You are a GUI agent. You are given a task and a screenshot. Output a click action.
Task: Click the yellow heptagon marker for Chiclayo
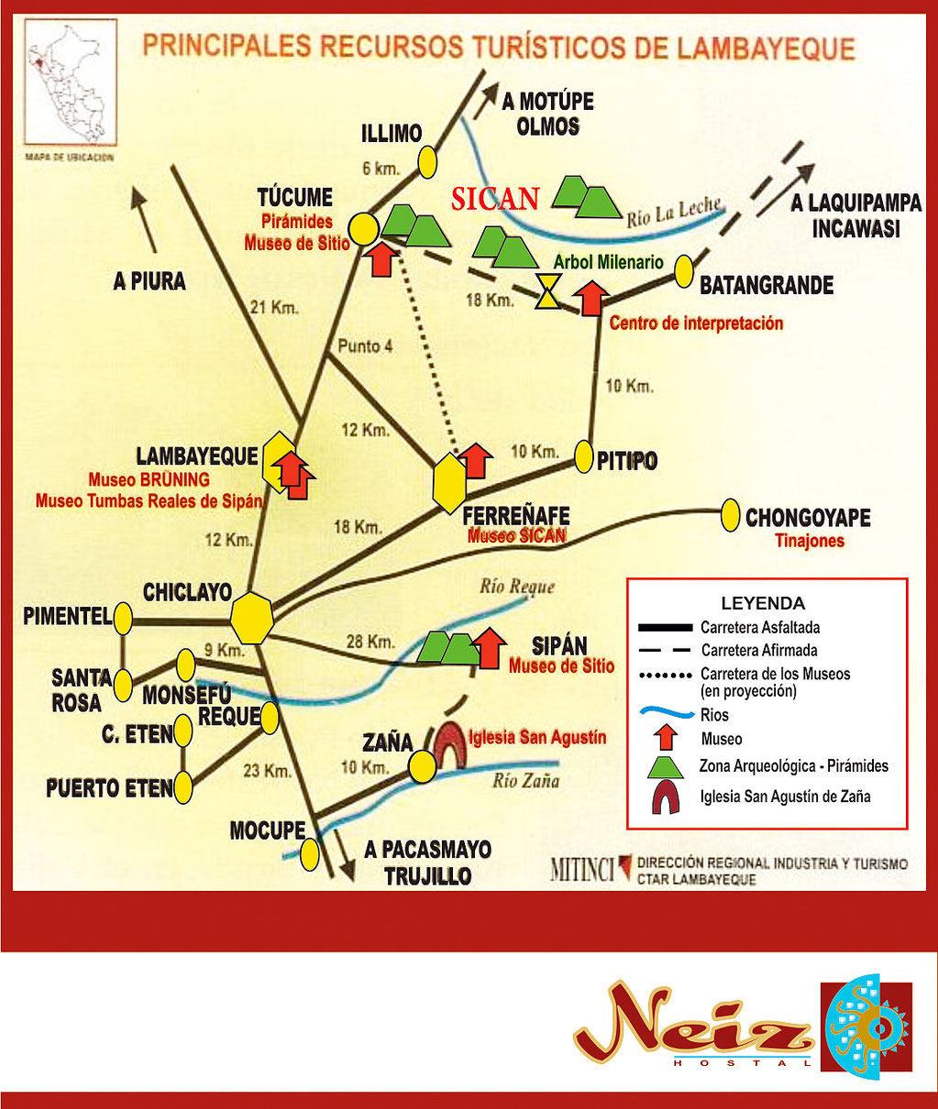pyautogui.click(x=252, y=618)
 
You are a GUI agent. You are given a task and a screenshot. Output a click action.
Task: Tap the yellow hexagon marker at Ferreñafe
pyautogui.click(x=450, y=483)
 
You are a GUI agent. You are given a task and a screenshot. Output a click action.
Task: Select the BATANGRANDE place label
pyautogui.click(x=766, y=286)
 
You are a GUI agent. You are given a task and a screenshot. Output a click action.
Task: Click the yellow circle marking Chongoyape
pyautogui.click(x=730, y=515)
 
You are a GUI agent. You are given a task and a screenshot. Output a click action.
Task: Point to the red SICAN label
pyautogui.click(x=494, y=199)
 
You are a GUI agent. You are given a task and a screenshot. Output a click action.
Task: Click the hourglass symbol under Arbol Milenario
pyautogui.click(x=547, y=291)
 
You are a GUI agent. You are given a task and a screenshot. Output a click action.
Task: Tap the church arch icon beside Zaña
pyautogui.click(x=449, y=742)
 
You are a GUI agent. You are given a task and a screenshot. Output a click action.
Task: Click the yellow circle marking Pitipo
pyautogui.click(x=584, y=456)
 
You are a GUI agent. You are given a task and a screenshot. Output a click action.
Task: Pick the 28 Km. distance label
pyautogui.click(x=370, y=642)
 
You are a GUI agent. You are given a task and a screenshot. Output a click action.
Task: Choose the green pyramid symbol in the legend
pyautogui.click(x=666, y=766)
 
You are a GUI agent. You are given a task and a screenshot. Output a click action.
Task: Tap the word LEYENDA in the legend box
pyautogui.click(x=763, y=603)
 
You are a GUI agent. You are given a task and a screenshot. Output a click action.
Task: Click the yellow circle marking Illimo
pyautogui.click(x=427, y=162)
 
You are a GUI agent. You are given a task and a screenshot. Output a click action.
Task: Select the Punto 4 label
pyautogui.click(x=365, y=346)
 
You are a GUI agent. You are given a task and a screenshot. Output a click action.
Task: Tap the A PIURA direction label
pyautogui.click(x=149, y=281)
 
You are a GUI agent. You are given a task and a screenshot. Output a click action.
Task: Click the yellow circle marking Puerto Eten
pyautogui.click(x=183, y=787)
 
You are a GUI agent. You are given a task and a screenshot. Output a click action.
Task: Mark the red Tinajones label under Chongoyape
pyautogui.click(x=809, y=541)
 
